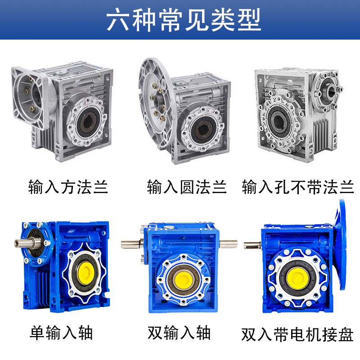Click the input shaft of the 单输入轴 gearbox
coord(20,243)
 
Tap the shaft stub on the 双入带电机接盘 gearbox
coord(250,245)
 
